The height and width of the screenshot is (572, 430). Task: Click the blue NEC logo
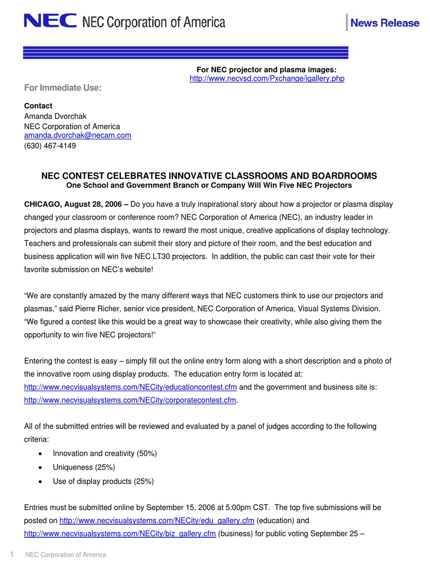click(50, 21)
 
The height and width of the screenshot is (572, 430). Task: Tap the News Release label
click(384, 23)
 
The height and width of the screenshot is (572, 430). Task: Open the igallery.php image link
click(267, 79)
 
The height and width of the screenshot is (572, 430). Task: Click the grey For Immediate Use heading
click(62, 88)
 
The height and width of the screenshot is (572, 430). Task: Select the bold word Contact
click(38, 106)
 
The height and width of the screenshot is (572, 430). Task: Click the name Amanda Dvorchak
click(55, 116)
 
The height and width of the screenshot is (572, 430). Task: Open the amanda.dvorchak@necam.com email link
click(77, 136)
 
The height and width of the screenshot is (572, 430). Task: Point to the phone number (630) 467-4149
click(50, 146)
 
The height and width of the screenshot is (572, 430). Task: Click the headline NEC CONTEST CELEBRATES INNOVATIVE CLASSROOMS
click(209, 176)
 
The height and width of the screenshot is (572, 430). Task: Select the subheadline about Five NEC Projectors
click(209, 185)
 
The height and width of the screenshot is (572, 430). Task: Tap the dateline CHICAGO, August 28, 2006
click(76, 204)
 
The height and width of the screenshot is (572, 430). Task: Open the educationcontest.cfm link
click(130, 387)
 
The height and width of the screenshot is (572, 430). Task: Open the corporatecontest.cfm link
click(130, 400)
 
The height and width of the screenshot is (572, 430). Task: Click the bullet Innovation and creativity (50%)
click(105, 453)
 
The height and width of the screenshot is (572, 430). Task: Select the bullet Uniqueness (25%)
click(84, 467)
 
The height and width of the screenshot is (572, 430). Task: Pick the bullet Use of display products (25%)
click(103, 481)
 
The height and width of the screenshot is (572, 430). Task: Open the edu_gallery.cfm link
click(157, 520)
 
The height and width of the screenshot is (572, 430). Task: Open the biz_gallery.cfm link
click(119, 534)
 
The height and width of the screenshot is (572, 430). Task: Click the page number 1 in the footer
click(12, 554)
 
